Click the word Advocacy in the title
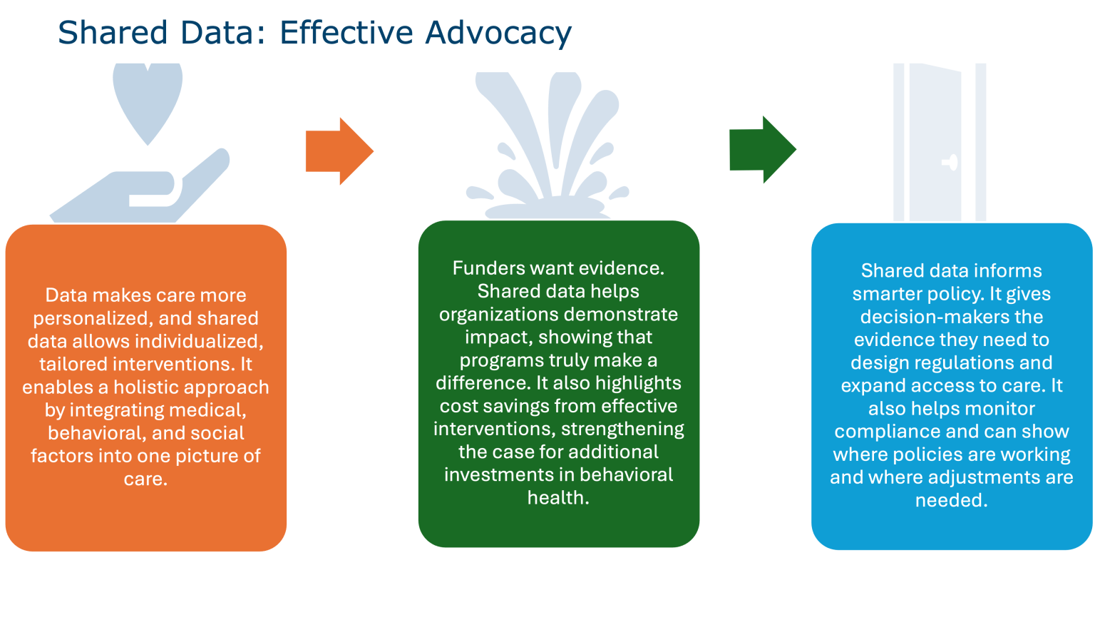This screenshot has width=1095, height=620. coord(498,34)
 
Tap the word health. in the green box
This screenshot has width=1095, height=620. coord(558,497)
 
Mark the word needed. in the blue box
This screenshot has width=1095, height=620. coord(951,500)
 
